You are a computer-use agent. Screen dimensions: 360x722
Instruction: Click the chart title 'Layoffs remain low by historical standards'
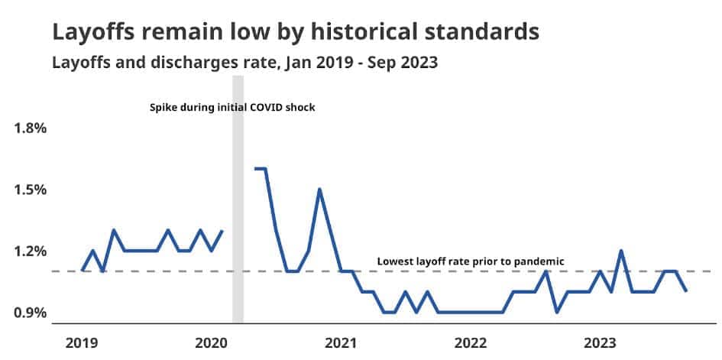pyautogui.click(x=296, y=32)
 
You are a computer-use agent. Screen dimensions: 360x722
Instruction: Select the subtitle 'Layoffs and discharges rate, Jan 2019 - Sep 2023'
pyautogui.click(x=244, y=63)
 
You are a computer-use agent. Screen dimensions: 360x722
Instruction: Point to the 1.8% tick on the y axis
pyautogui.click(x=31, y=128)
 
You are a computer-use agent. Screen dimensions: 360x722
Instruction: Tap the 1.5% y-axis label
pyautogui.click(x=31, y=190)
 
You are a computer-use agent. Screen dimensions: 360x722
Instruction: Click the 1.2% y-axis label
pyautogui.click(x=31, y=251)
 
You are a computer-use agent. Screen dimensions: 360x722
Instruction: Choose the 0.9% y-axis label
pyautogui.click(x=31, y=313)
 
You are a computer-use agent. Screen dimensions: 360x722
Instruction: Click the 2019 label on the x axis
pyautogui.click(x=82, y=342)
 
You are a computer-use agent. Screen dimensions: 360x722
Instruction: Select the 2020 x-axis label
pyautogui.click(x=211, y=342)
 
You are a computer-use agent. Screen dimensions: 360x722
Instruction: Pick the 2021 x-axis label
pyautogui.click(x=340, y=342)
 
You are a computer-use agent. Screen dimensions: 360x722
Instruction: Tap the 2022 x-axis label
pyautogui.click(x=469, y=342)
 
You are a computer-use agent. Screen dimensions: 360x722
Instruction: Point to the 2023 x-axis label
pyautogui.click(x=598, y=342)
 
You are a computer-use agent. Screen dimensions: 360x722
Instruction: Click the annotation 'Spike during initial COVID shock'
pyautogui.click(x=232, y=108)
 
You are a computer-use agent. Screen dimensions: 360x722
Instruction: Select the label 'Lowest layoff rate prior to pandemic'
pyautogui.click(x=471, y=261)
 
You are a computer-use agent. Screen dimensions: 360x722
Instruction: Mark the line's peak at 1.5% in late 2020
pyautogui.click(x=319, y=189)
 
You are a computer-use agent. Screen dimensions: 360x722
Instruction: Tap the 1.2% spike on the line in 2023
pyautogui.click(x=621, y=251)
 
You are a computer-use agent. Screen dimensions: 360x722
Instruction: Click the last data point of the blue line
pyautogui.click(x=686, y=291)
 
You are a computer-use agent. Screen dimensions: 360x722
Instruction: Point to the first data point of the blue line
pyautogui.click(x=82, y=271)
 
